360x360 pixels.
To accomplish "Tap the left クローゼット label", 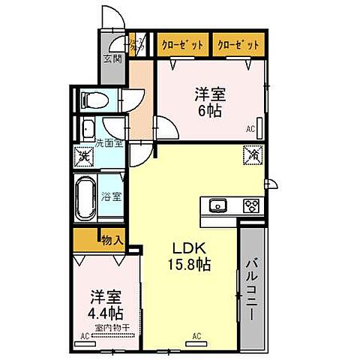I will [x=182, y=44].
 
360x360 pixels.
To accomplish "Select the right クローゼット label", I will [x=238, y=44].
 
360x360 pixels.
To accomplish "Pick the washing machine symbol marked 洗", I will [x=85, y=157].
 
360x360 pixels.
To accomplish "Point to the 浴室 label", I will [x=112, y=197].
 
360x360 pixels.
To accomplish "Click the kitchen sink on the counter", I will [x=219, y=205].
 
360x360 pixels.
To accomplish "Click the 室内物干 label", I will [x=114, y=327].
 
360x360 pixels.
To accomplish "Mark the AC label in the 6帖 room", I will [x=250, y=129].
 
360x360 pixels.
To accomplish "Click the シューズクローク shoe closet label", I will [x=137, y=44].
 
